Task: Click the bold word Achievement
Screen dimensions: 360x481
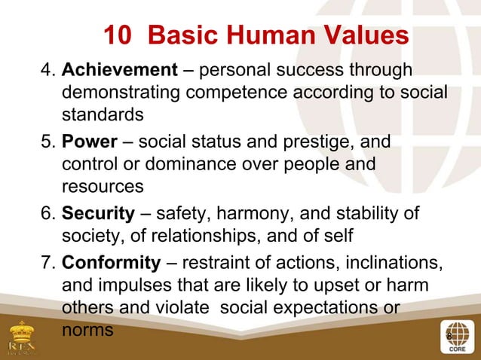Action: (118, 71)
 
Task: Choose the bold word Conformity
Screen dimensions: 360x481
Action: (111, 263)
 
